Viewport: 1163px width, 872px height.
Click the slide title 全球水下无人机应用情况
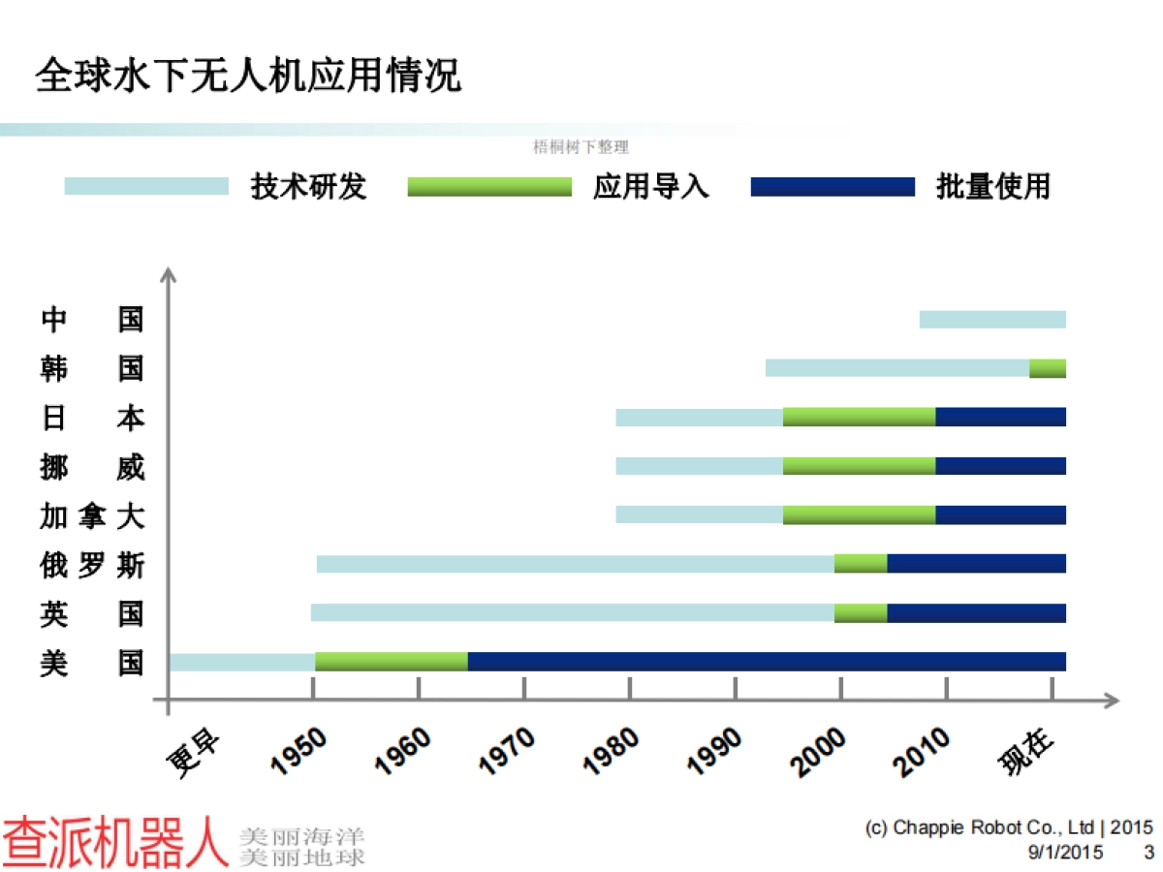[248, 76]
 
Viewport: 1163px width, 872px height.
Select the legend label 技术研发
[308, 185]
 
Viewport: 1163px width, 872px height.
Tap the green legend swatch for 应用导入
[489, 186]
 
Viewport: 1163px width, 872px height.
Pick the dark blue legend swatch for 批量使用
[832, 186]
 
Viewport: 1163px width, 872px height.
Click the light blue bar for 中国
[991, 319]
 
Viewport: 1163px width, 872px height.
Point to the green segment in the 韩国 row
[1047, 368]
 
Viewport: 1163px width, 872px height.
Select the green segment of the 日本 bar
[859, 417]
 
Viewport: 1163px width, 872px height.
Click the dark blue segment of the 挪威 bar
[1000, 465]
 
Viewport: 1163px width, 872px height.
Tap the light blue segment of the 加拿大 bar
[699, 514]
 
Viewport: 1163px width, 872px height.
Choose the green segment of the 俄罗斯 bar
[861, 563]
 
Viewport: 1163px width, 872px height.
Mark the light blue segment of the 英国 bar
[572, 612]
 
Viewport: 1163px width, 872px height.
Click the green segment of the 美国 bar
[391, 662]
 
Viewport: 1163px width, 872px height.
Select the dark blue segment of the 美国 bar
[766, 662]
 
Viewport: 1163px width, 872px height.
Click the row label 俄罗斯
[92, 564]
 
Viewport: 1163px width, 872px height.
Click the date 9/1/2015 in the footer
[1064, 853]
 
